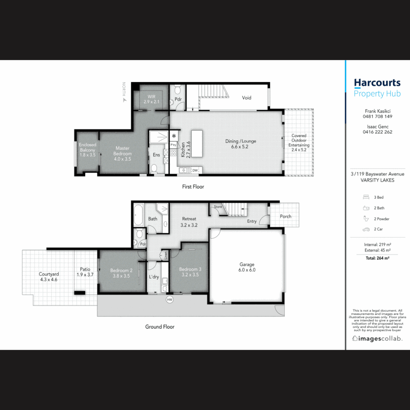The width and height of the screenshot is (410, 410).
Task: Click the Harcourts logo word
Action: tap(377, 83)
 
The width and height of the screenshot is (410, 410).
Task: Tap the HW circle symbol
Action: tap(170, 300)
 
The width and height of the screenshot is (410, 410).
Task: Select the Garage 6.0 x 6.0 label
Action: tap(247, 267)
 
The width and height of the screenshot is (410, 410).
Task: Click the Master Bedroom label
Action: tap(122, 151)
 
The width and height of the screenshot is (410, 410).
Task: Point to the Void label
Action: tap(247, 98)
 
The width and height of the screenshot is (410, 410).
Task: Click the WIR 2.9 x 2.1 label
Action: tap(151, 99)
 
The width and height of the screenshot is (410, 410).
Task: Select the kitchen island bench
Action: tap(197, 143)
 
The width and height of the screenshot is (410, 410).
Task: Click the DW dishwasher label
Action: tap(195, 171)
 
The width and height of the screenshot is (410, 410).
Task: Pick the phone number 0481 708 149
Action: tap(377, 117)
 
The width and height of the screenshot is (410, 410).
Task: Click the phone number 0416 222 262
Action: tap(377, 132)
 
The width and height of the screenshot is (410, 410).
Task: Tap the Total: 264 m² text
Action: tap(377, 258)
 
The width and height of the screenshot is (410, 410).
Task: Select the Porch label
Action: tap(285, 216)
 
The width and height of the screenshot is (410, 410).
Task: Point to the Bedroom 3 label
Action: tap(190, 272)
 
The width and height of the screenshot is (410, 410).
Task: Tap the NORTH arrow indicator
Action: tap(124, 100)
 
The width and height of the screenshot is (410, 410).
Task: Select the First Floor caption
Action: tap(192, 187)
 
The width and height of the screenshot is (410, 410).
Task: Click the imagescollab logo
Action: tap(377, 338)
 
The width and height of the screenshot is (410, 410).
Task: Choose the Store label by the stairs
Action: tap(218, 207)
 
